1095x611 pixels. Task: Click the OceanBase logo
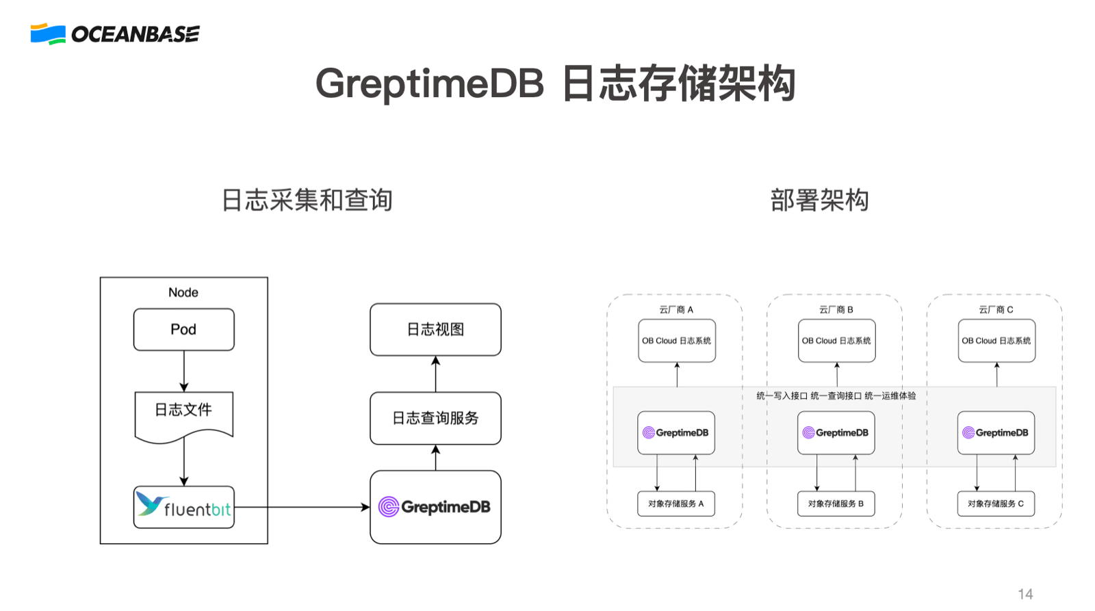(115, 34)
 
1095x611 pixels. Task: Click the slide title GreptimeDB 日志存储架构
(555, 83)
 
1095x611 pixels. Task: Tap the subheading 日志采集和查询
(307, 200)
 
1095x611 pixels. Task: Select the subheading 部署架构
(819, 200)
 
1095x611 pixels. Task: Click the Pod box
(183, 330)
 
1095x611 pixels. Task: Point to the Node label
(183, 292)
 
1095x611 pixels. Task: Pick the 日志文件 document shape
(183, 413)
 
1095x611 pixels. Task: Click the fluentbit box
(183, 507)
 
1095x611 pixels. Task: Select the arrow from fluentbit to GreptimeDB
(301, 507)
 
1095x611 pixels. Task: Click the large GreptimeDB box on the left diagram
(435, 507)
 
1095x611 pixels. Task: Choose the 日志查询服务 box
(435, 418)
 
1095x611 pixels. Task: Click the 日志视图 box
(435, 330)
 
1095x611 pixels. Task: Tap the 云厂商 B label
(836, 309)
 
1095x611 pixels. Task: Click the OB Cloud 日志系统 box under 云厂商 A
(676, 341)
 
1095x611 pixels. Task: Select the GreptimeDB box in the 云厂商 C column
(996, 432)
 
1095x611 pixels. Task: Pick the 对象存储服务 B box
(836, 504)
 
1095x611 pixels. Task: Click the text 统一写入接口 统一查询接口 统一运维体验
(836, 395)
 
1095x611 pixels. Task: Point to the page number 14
(1025, 594)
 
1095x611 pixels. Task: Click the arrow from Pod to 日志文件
(183, 371)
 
